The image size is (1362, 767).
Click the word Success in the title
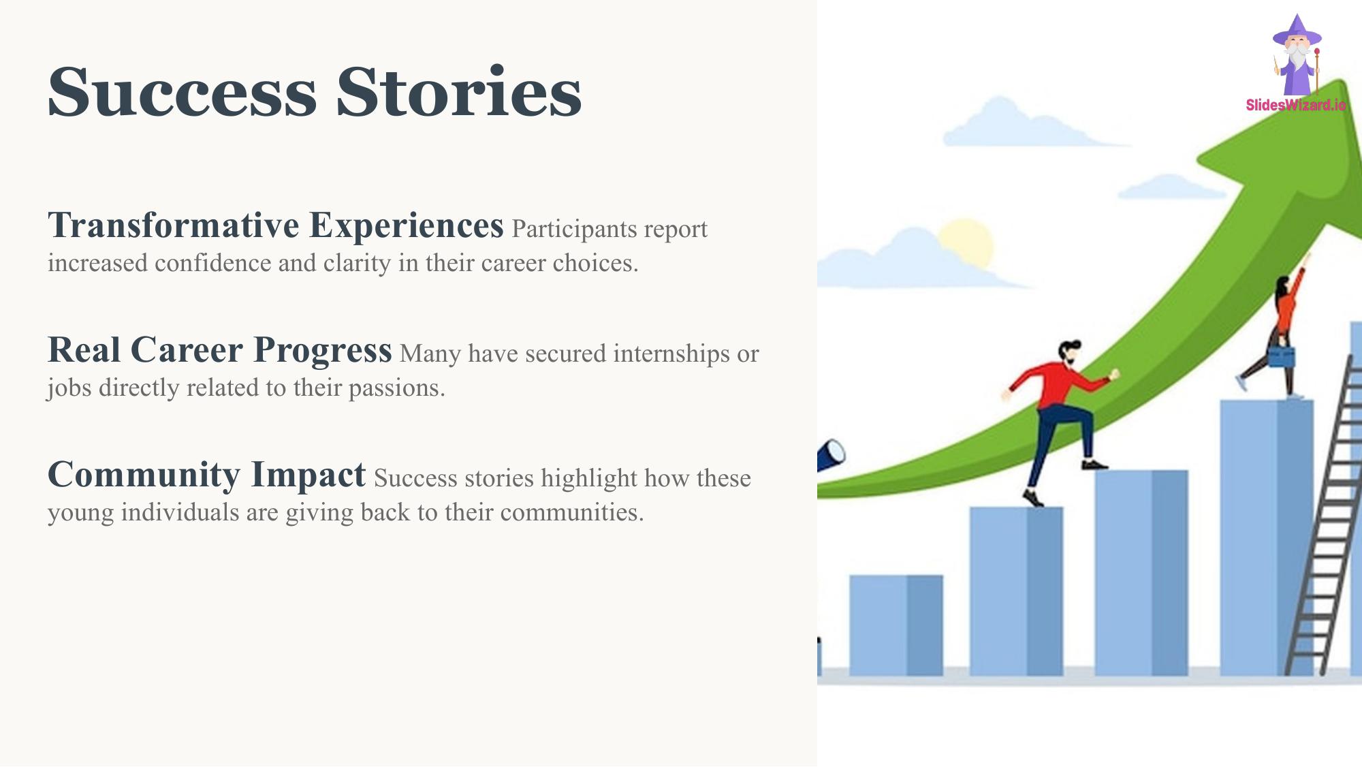pyautogui.click(x=182, y=92)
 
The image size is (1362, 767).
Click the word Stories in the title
pyautogui.click(x=459, y=92)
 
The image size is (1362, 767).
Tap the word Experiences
pyautogui.click(x=407, y=226)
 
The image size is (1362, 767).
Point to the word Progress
pyautogui.click(x=323, y=351)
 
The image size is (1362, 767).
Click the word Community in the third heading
pyautogui.click(x=144, y=475)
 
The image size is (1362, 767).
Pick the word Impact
pyautogui.click(x=308, y=475)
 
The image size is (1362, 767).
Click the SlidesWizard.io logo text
pyautogui.click(x=1296, y=105)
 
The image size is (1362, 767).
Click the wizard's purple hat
pyautogui.click(x=1297, y=31)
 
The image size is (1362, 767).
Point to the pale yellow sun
pyautogui.click(x=966, y=244)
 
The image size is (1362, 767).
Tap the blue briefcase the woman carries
pyautogui.click(x=1281, y=357)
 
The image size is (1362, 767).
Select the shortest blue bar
pyautogui.click(x=896, y=625)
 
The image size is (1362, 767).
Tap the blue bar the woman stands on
pyautogui.click(x=1267, y=537)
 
